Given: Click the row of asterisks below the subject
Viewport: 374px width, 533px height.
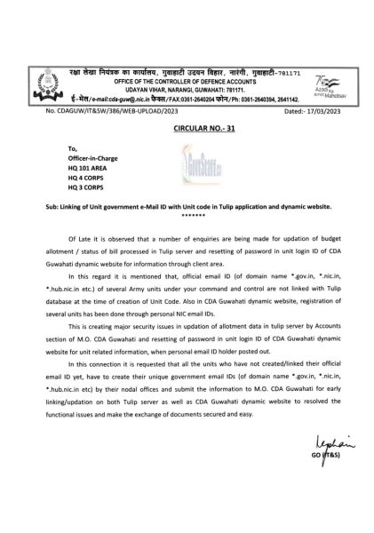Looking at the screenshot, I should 186,213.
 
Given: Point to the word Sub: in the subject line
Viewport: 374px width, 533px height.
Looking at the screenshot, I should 50,205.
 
